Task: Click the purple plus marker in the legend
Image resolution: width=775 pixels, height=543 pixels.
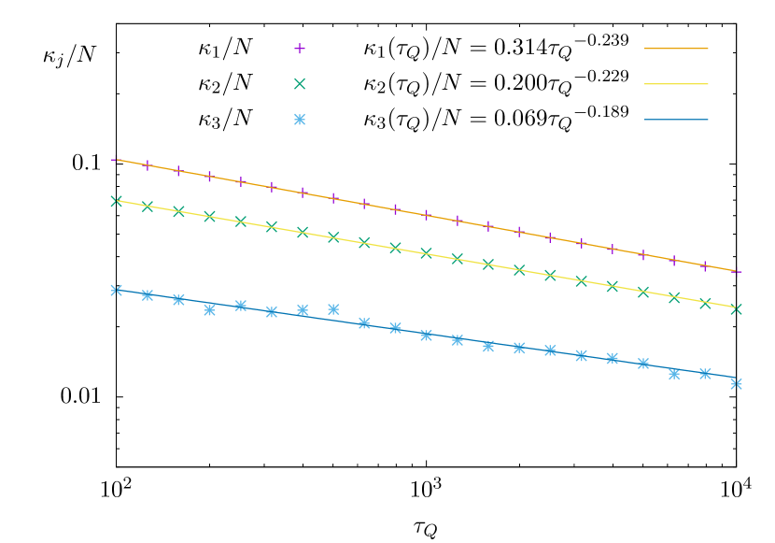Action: pyautogui.click(x=300, y=49)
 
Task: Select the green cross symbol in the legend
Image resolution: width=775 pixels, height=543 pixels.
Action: pyautogui.click(x=300, y=84)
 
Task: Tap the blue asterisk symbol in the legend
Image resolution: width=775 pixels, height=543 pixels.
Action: pyautogui.click(x=300, y=120)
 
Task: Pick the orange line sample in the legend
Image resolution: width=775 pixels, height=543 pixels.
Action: pyautogui.click(x=676, y=49)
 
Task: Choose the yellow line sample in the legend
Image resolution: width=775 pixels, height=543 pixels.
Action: pyautogui.click(x=676, y=84)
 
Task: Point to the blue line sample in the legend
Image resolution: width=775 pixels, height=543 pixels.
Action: pyautogui.click(x=676, y=120)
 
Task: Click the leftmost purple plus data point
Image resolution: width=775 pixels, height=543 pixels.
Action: pyautogui.click(x=117, y=160)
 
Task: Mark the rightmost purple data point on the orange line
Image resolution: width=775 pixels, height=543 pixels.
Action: pyautogui.click(x=737, y=272)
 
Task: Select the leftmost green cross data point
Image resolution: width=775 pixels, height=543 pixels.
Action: pyautogui.click(x=117, y=201)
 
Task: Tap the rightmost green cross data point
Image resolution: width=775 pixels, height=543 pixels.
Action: pyautogui.click(x=737, y=309)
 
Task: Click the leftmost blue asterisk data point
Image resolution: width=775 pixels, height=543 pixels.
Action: pyautogui.click(x=117, y=291)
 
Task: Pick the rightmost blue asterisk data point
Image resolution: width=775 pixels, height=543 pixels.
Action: pyautogui.click(x=737, y=384)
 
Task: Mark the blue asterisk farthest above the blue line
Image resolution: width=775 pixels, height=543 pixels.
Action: pyautogui.click(x=333, y=309)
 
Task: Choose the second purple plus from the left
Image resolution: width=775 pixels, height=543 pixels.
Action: pyautogui.click(x=148, y=165)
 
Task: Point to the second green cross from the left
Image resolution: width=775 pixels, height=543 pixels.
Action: pyautogui.click(x=148, y=207)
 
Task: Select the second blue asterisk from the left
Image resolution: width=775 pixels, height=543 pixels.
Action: pyautogui.click(x=148, y=295)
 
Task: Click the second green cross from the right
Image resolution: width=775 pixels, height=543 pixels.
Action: pyautogui.click(x=705, y=304)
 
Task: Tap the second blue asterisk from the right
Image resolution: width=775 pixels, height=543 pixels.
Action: pyautogui.click(x=705, y=374)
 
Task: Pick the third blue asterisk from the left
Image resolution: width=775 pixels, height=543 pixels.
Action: pyautogui.click(x=178, y=300)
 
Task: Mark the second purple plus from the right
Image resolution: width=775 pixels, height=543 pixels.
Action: pyautogui.click(x=705, y=266)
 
